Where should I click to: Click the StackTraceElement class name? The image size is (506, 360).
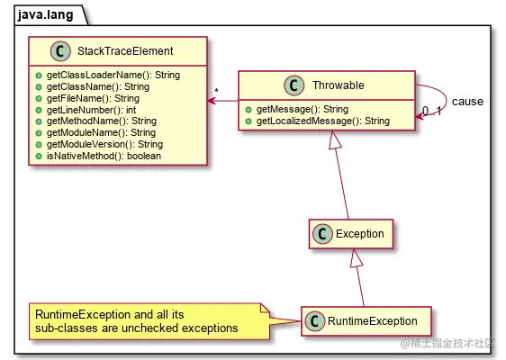click(124, 50)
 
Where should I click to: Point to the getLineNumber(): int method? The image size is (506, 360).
click(91, 109)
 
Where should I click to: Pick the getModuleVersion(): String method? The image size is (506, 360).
click(104, 144)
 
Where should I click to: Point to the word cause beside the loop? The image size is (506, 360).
click(467, 102)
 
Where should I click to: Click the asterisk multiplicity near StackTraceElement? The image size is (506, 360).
click(217, 91)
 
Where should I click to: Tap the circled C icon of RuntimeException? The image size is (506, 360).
click(314, 320)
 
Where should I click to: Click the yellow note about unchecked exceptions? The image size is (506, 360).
click(149, 321)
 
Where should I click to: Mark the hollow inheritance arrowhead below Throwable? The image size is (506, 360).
click(335, 139)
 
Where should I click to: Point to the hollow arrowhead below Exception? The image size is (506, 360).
click(357, 258)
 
